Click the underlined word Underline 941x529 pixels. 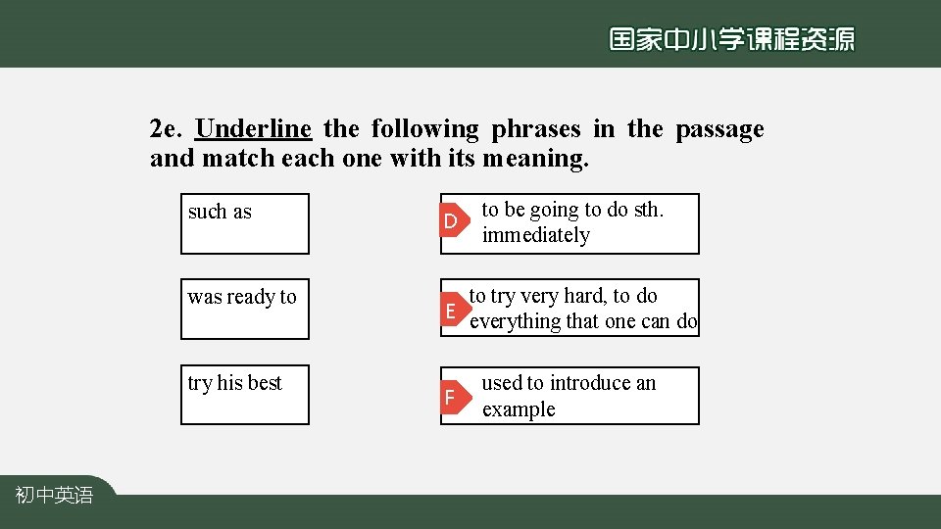[x=254, y=129]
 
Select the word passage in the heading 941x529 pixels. [x=719, y=129]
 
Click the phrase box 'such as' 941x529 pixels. [x=244, y=223]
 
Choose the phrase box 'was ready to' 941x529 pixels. [x=244, y=309]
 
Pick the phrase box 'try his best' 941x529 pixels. [x=244, y=395]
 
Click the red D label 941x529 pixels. [x=451, y=222]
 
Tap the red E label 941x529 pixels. [x=451, y=312]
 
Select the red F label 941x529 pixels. [x=450, y=398]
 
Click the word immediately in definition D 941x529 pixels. [x=536, y=236]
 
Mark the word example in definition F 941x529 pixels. [x=519, y=409]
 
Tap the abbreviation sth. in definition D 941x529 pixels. [x=644, y=210]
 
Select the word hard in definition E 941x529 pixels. [x=586, y=296]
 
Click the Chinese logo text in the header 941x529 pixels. [x=731, y=39]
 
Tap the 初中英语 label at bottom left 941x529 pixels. [x=55, y=497]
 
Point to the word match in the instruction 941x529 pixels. [x=238, y=158]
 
